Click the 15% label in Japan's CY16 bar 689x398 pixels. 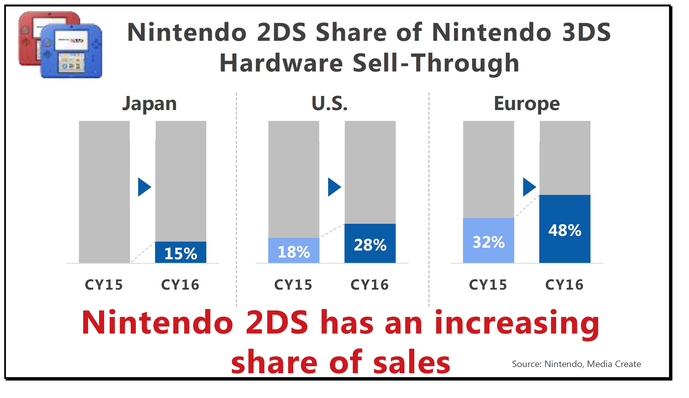tap(181, 253)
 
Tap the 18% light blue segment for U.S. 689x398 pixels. tap(294, 251)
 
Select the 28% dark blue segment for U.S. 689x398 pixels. tap(370, 244)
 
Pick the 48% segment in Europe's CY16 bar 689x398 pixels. tap(565, 229)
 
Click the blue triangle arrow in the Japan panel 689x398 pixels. tap(144, 187)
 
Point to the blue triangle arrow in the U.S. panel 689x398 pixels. tap(334, 187)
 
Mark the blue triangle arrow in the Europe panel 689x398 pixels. tap(529, 187)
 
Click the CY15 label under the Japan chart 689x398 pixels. tap(104, 285)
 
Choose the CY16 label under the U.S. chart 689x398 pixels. tap(370, 285)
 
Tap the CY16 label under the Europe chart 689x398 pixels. tap(564, 285)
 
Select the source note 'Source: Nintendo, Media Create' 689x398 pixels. tap(576, 364)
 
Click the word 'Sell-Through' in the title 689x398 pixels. tap(436, 63)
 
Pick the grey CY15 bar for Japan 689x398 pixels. tap(104, 192)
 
